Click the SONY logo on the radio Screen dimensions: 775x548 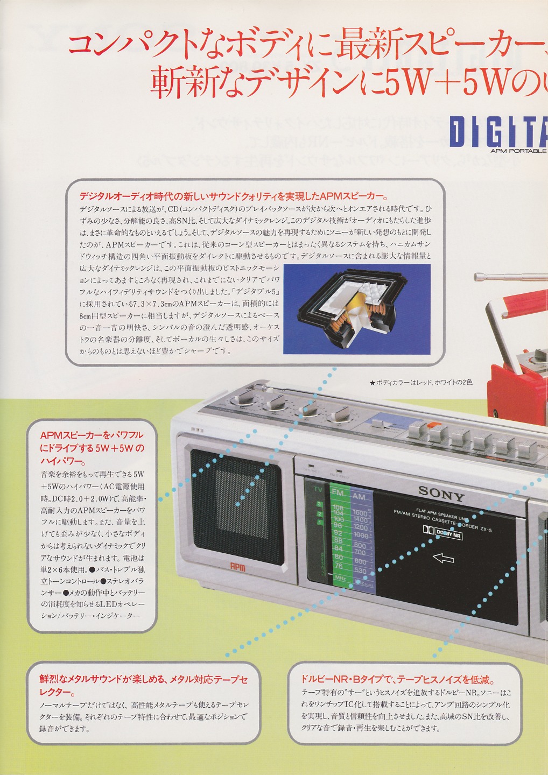point(441,492)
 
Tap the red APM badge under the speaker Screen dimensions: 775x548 point(238,566)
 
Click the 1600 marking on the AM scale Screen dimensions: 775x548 point(360,513)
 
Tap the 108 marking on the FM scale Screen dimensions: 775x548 point(339,509)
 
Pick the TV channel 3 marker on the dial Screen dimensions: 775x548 point(319,504)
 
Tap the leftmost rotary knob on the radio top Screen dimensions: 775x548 point(243,400)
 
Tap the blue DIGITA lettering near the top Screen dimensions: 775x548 point(498,133)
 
